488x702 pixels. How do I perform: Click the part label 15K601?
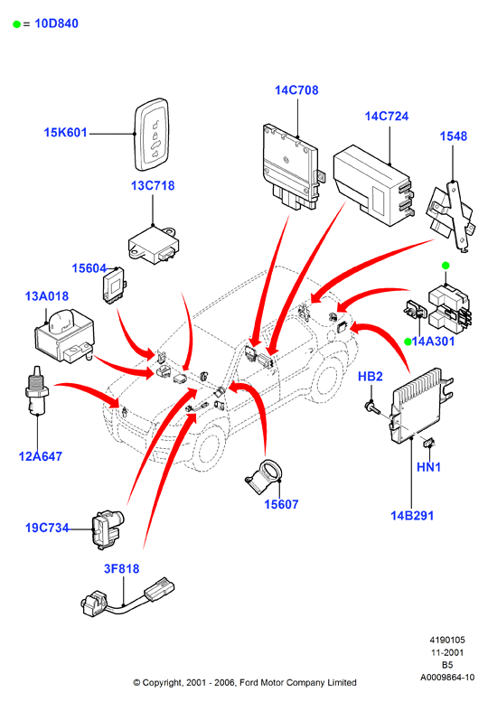point(65,133)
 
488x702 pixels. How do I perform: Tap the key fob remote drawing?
point(152,135)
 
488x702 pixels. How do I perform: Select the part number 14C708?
point(296,90)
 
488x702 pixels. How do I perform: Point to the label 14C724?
point(387,117)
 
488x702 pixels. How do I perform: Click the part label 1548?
point(453,136)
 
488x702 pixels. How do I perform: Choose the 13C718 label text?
point(152,185)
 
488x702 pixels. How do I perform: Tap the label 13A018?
point(47,296)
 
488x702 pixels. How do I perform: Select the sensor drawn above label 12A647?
point(37,390)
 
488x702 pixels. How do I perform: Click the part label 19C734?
point(47,528)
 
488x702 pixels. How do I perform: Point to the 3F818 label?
point(121,568)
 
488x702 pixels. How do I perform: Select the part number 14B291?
point(412,516)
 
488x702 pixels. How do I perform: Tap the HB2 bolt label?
point(370,377)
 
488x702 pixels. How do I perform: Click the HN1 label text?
point(428,467)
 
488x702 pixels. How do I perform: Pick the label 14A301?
point(433,342)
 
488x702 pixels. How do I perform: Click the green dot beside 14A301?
point(408,342)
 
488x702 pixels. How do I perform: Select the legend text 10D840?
point(56,23)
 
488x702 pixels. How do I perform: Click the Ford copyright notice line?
point(245,683)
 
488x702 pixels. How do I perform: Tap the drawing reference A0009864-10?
point(447,678)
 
